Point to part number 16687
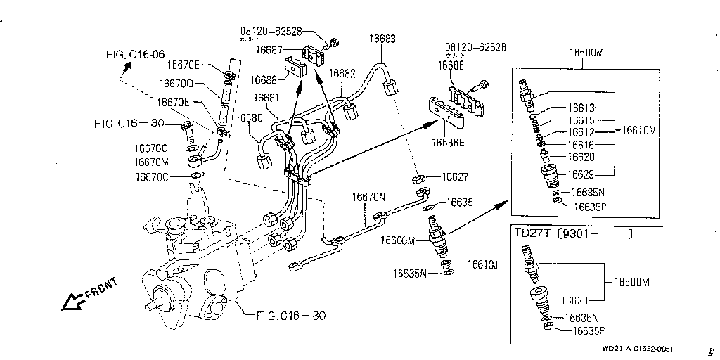[269, 50]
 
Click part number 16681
[267, 97]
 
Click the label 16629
[581, 174]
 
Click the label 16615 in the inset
[581, 120]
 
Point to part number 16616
[581, 145]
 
